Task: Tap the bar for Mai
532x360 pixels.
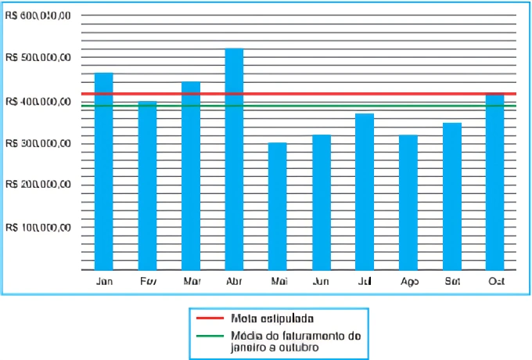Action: (277, 206)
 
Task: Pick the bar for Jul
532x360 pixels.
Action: (365, 191)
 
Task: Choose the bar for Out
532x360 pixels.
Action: (495, 181)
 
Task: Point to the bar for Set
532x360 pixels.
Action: (451, 196)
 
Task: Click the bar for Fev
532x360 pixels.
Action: (147, 185)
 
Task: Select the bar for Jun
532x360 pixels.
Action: (321, 202)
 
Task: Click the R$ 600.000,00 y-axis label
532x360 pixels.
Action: (38, 16)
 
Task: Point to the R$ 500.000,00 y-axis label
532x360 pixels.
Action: (38, 58)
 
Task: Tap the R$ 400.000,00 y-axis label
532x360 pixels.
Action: (38, 101)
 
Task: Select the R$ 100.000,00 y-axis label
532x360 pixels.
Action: (38, 228)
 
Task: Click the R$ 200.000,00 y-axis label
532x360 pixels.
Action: (38, 185)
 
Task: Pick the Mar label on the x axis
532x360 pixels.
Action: (191, 280)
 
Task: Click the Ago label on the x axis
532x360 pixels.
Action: (408, 280)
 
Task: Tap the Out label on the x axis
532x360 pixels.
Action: (495, 280)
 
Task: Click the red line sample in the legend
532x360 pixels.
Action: (209, 319)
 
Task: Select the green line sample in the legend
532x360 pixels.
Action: (209, 336)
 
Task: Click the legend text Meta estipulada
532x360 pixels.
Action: (272, 319)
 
